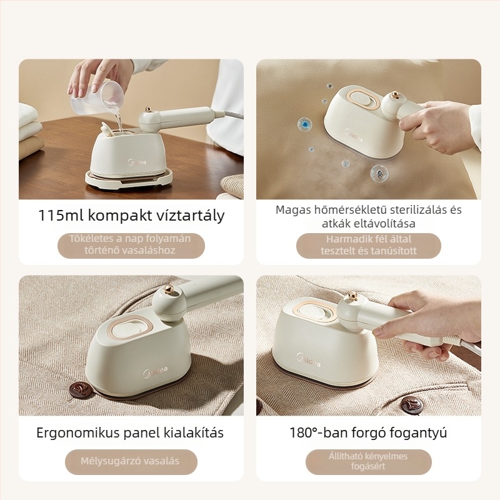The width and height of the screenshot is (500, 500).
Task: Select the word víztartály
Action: tap(191, 216)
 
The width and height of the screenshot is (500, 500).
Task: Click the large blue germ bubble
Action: tap(305, 124)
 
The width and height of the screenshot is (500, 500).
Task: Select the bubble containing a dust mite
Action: tap(379, 174)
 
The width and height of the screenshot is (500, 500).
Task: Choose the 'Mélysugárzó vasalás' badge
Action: tap(131, 462)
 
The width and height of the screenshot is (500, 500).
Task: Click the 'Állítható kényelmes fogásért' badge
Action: tap(369, 462)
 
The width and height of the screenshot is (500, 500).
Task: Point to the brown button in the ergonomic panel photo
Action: tap(81, 389)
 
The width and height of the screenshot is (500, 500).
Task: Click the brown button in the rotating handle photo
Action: tap(411, 405)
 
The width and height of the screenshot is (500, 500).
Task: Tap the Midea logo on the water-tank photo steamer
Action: tap(137, 162)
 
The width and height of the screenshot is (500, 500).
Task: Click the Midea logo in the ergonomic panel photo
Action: tap(155, 372)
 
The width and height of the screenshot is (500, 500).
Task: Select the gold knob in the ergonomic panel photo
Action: tap(169, 289)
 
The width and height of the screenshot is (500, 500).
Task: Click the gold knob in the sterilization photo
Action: tap(396, 95)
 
